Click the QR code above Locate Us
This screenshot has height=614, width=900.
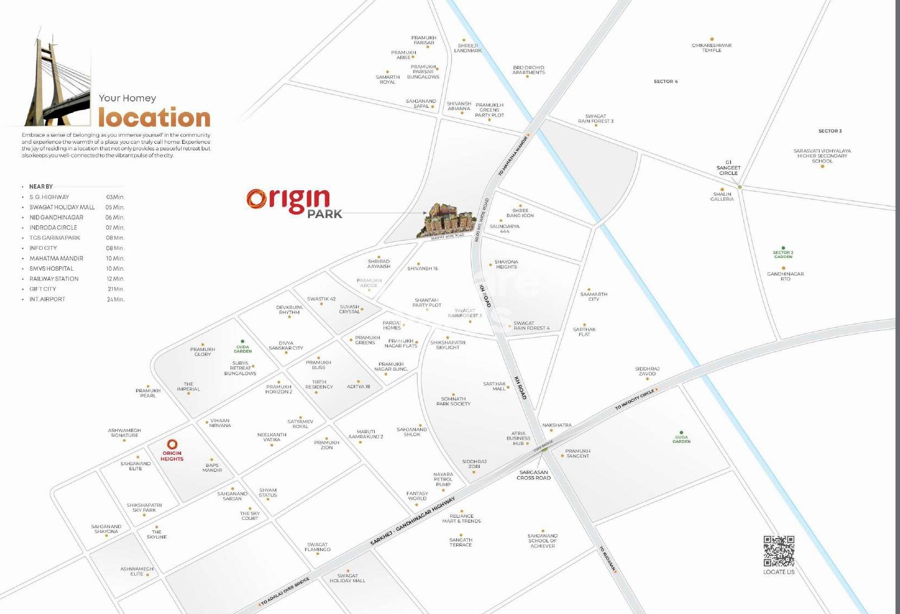point(779,551)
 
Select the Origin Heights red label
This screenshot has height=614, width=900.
point(172,455)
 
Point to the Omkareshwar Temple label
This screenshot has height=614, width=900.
point(711,48)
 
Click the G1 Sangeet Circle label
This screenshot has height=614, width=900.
point(728,168)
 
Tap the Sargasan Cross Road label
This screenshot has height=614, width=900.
point(533,475)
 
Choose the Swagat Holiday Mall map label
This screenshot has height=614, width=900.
point(347,578)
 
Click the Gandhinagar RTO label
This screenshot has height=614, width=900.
point(785,276)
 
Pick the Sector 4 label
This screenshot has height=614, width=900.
point(665,81)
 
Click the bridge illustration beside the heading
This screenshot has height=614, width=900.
point(57,82)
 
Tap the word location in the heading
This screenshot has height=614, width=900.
point(154,118)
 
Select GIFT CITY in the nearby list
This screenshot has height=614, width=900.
point(43,289)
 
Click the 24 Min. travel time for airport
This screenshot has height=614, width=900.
point(115,299)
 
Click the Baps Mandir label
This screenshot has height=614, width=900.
point(212,467)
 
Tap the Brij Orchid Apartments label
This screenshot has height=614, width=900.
point(529,70)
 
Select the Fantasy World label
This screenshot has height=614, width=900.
point(417,495)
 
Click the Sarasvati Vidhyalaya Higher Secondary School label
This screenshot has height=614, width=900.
point(822,156)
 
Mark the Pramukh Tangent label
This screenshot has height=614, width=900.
point(578,453)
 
